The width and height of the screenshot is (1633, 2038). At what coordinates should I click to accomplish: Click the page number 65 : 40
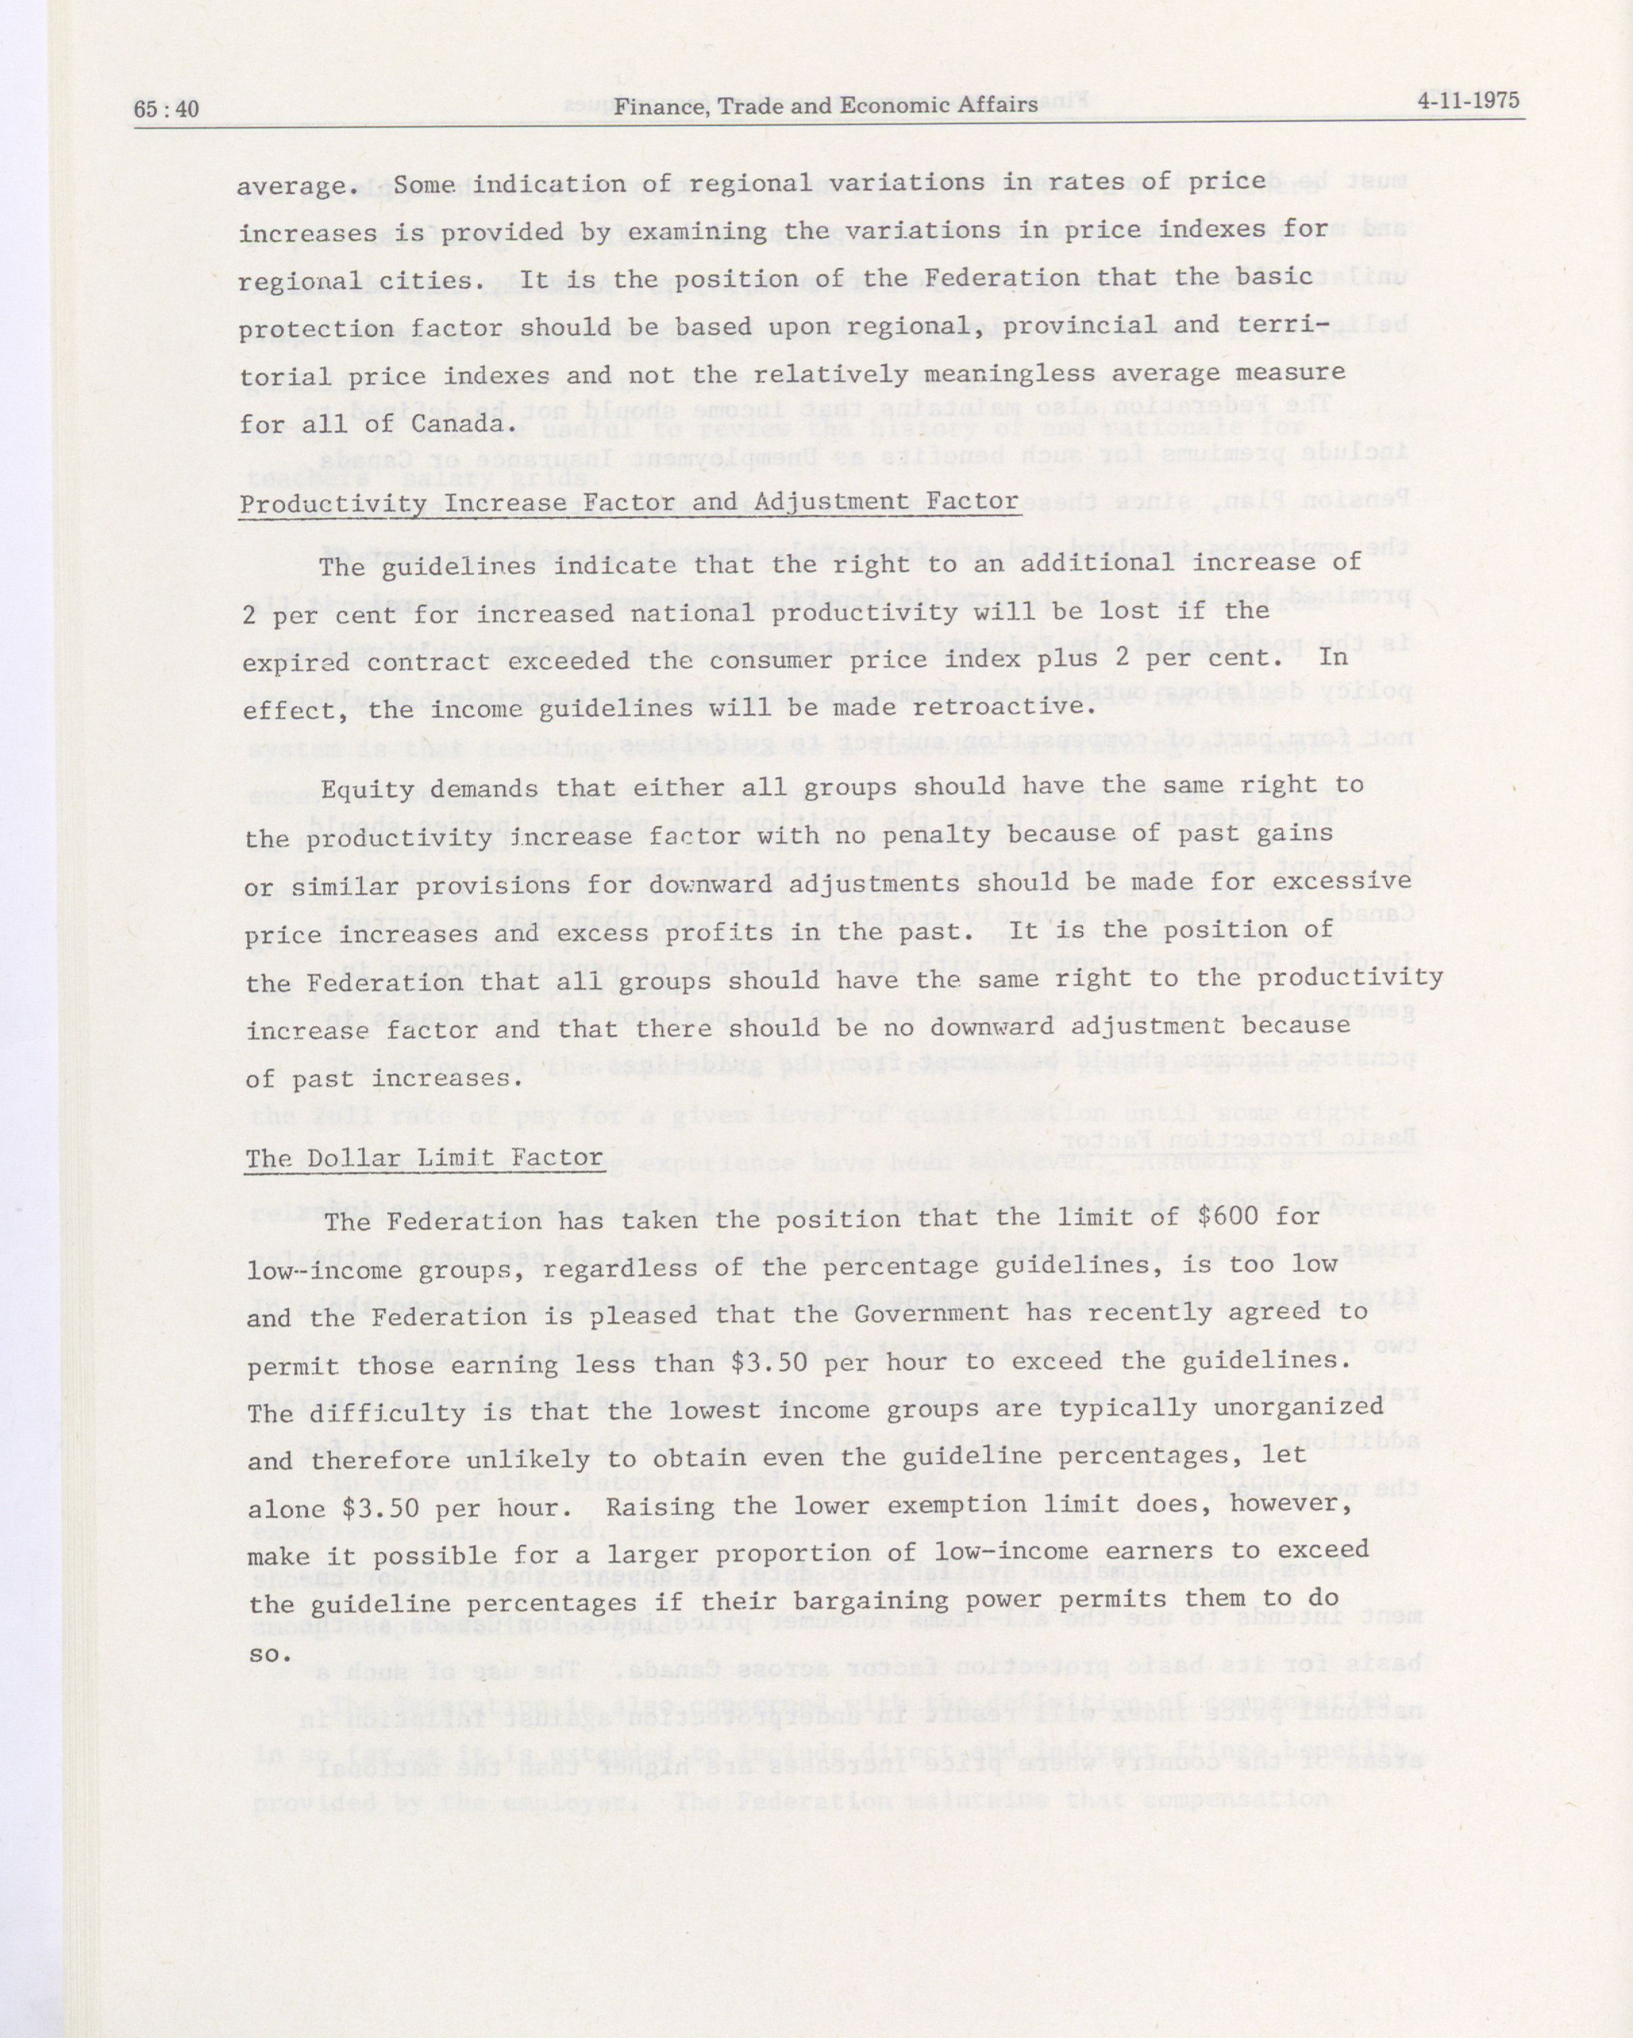click(x=166, y=109)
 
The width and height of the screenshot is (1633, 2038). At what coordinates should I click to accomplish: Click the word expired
click(x=296, y=662)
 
